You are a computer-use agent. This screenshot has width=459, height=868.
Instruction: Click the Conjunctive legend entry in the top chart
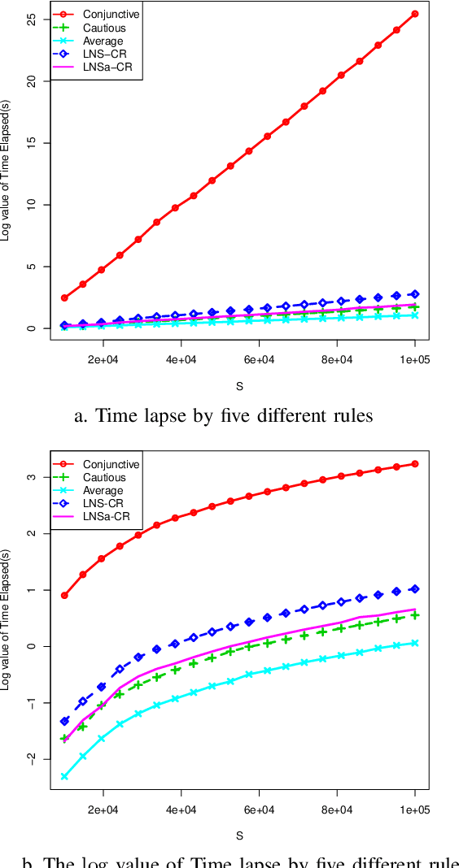click(105, 14)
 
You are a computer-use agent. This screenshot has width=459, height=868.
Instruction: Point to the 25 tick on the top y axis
click(33, 20)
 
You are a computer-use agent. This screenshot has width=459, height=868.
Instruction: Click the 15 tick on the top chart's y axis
click(33, 143)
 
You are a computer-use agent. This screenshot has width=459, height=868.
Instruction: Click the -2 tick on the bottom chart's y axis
click(33, 758)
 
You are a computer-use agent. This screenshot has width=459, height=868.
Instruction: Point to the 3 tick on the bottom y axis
click(33, 476)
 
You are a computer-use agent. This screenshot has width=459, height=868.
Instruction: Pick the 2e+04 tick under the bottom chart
click(103, 809)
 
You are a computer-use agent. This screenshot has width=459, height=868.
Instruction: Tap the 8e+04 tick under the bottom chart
click(337, 809)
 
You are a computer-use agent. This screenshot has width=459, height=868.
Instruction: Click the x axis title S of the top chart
click(239, 385)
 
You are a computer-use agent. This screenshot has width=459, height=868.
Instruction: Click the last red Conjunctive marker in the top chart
click(415, 14)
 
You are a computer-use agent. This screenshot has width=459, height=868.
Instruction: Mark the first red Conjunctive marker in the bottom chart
click(64, 595)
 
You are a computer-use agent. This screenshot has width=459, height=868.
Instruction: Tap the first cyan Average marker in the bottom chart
click(64, 777)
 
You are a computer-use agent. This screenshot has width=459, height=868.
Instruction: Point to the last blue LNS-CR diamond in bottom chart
click(415, 588)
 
